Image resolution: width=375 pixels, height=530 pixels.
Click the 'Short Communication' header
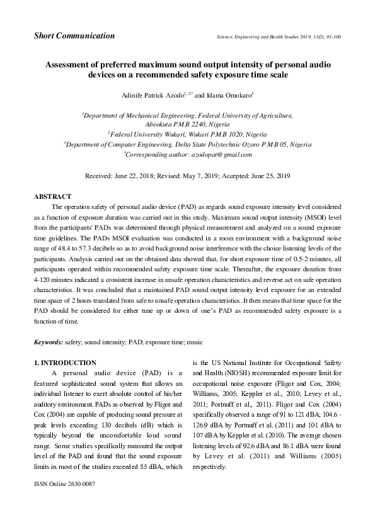(74, 36)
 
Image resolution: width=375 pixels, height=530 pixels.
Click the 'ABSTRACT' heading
(52, 197)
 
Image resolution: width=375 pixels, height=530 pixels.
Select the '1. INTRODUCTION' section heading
(64, 363)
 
